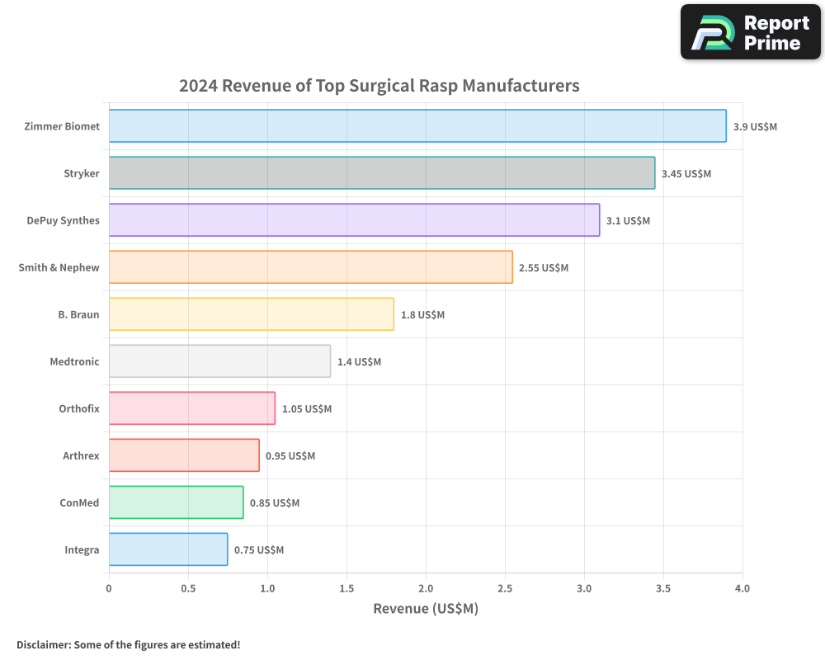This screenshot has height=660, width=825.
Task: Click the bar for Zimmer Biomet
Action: coord(417,126)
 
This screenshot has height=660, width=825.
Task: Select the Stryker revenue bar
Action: coord(382,173)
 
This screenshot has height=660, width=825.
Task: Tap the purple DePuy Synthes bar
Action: coord(354,220)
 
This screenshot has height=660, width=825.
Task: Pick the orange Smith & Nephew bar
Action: coord(310,267)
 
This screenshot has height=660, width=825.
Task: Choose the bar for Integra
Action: coord(168,549)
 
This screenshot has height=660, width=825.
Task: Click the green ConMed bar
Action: coord(176,502)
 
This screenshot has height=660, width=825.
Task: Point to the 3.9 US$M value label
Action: coord(755,127)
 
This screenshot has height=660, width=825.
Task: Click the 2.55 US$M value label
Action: coord(544,268)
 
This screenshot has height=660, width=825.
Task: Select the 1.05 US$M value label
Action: coord(307,409)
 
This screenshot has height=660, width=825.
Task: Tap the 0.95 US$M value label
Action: coord(290,456)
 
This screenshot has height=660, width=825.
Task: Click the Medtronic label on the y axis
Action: coord(74,361)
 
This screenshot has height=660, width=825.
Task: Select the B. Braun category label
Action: coord(78,314)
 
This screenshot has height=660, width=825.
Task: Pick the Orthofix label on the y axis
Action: coord(79,408)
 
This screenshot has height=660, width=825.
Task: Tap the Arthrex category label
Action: coord(81,455)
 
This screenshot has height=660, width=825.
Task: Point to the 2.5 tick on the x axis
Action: coord(505,588)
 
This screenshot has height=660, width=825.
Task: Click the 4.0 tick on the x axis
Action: coord(742,588)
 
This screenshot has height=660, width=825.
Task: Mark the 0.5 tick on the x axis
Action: coord(188,588)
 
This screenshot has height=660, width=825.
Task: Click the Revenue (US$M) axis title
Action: coord(426,609)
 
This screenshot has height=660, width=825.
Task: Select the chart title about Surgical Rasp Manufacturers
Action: coord(379,86)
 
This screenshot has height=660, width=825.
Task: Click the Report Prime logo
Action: coord(751,32)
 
